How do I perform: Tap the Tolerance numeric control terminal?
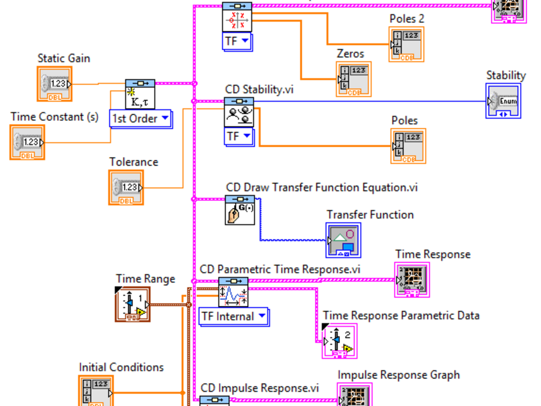click(x=126, y=187)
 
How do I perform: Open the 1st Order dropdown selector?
click(x=140, y=119)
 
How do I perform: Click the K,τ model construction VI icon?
click(x=140, y=95)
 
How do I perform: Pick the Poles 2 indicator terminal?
click(x=406, y=44)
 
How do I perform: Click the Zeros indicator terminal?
click(x=353, y=79)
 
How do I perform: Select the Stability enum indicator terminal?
click(x=503, y=101)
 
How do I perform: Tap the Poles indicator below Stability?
click(x=408, y=146)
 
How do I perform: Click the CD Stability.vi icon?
click(x=239, y=112)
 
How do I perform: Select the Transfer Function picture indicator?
click(x=344, y=240)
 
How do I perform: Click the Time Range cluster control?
click(x=133, y=304)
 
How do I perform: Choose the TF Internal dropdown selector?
click(x=234, y=316)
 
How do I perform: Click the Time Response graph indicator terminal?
click(x=412, y=279)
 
